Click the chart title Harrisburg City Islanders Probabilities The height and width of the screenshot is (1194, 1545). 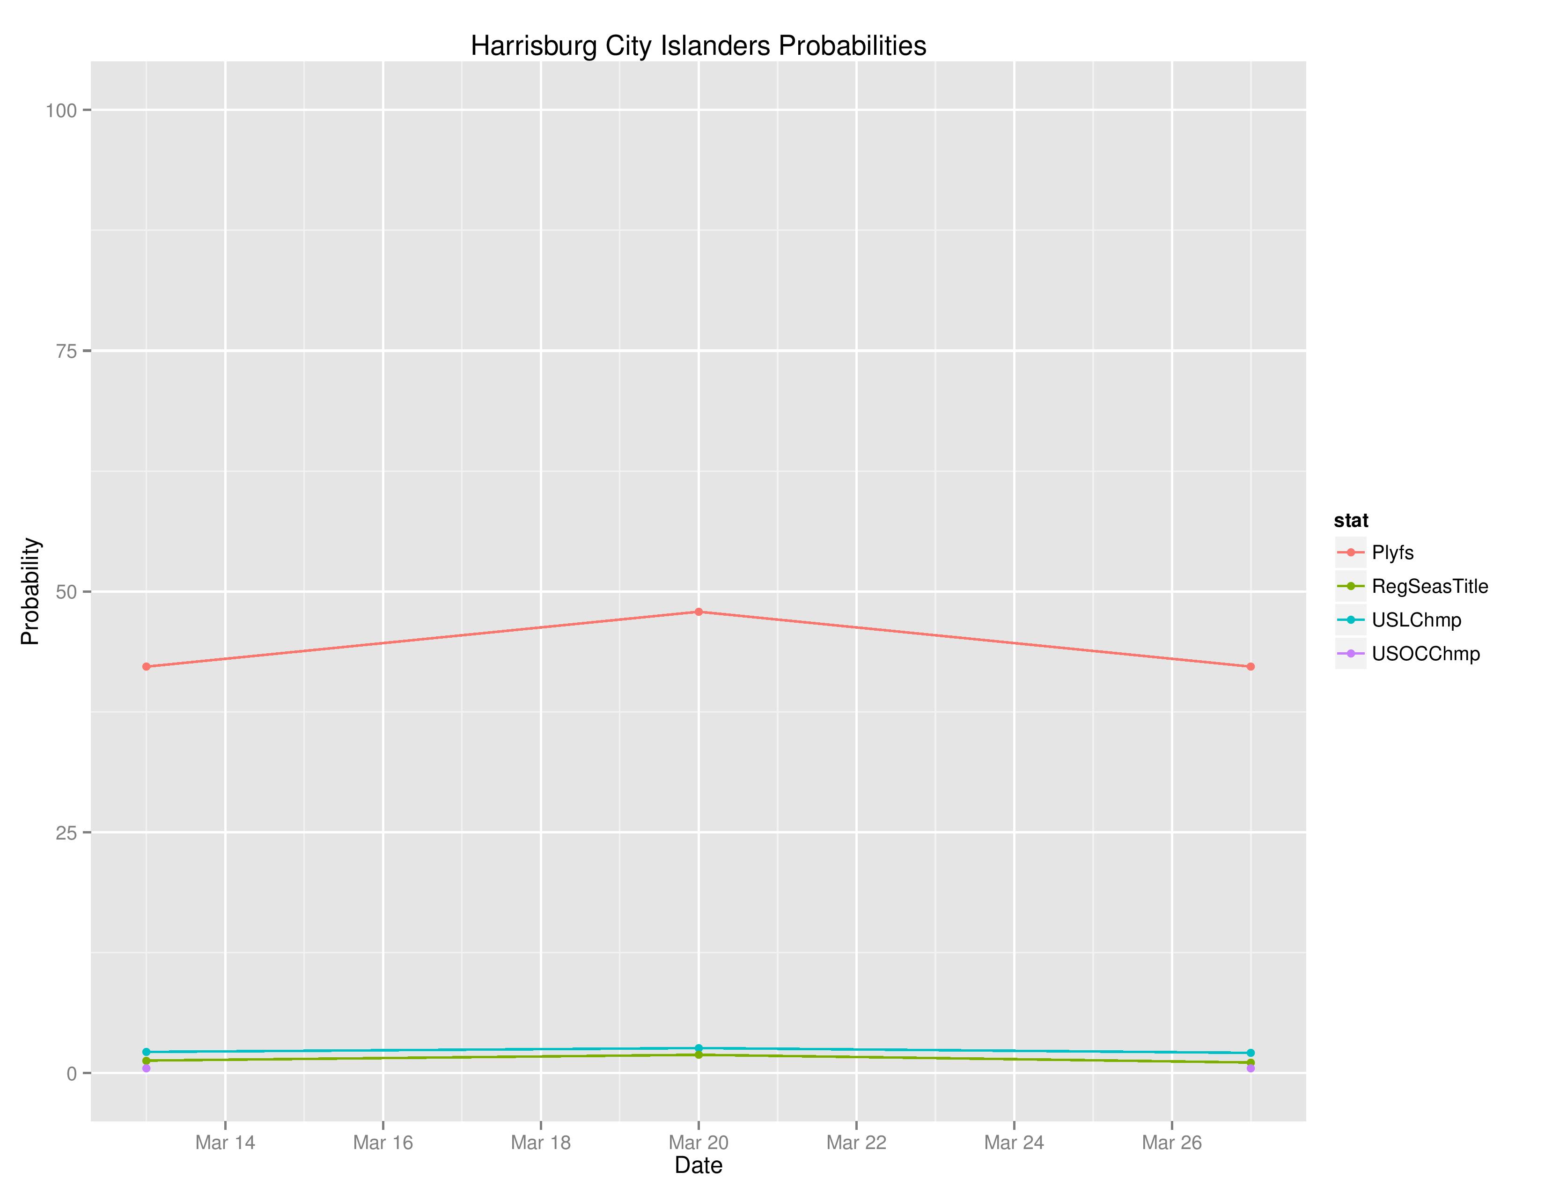click(x=698, y=46)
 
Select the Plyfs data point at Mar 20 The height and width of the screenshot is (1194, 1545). click(x=698, y=612)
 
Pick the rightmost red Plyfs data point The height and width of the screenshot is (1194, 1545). click(x=1250, y=666)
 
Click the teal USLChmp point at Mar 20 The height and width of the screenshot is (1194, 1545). click(x=698, y=1048)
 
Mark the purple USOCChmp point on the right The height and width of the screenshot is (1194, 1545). click(x=1250, y=1068)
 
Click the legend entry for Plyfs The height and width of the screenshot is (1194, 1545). click(x=1392, y=553)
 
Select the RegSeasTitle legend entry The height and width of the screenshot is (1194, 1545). click(x=1429, y=586)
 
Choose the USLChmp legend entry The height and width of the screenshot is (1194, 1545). click(x=1415, y=620)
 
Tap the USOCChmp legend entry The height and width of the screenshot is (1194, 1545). click(x=1425, y=654)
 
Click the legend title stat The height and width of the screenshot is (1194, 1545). click(x=1350, y=521)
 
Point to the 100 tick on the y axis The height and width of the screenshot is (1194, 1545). click(x=61, y=111)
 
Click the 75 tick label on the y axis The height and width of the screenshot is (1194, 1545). click(x=66, y=351)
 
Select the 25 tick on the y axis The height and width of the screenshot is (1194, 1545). click(x=66, y=833)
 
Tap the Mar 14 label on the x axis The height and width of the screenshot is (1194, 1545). click(x=225, y=1142)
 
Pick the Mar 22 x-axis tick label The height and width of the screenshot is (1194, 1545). click(x=856, y=1142)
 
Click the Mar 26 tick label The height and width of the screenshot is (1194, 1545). click(x=1171, y=1142)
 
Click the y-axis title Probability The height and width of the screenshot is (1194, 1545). click(x=30, y=591)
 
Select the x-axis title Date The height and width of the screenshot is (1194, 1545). click(x=698, y=1165)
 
